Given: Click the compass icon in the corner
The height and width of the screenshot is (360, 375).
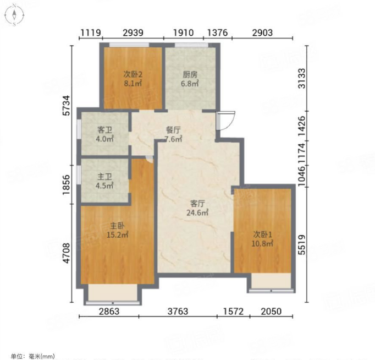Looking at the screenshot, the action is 14,15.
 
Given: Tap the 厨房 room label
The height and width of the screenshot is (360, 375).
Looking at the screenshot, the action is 190,75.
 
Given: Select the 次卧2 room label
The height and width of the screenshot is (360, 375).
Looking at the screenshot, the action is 133,74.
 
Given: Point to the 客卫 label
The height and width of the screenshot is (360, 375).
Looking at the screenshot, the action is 104,130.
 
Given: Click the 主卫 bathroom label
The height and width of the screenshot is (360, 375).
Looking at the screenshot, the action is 104,177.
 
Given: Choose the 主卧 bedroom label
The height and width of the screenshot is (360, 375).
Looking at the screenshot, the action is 117,226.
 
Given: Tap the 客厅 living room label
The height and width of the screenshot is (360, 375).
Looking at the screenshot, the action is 197,204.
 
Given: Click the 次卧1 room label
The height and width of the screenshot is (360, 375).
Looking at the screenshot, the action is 263,234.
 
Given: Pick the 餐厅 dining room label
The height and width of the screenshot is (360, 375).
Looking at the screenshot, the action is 173,130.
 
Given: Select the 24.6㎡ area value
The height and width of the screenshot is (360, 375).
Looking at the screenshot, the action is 197,212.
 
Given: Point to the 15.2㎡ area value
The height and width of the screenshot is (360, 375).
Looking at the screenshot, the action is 117,235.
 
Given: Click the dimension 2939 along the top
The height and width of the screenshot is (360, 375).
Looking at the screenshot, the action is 133,33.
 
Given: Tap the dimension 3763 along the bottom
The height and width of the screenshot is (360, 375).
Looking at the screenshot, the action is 178,312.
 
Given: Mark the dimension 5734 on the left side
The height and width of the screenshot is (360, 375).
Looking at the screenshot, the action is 67,106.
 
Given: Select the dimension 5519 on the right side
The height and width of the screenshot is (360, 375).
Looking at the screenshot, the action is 302,245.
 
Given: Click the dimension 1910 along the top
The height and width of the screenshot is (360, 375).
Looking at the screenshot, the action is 184,33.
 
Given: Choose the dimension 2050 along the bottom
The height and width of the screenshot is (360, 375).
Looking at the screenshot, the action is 271,312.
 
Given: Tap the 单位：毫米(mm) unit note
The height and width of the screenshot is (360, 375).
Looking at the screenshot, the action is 33,356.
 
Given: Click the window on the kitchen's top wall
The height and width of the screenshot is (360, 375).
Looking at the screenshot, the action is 191,45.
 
